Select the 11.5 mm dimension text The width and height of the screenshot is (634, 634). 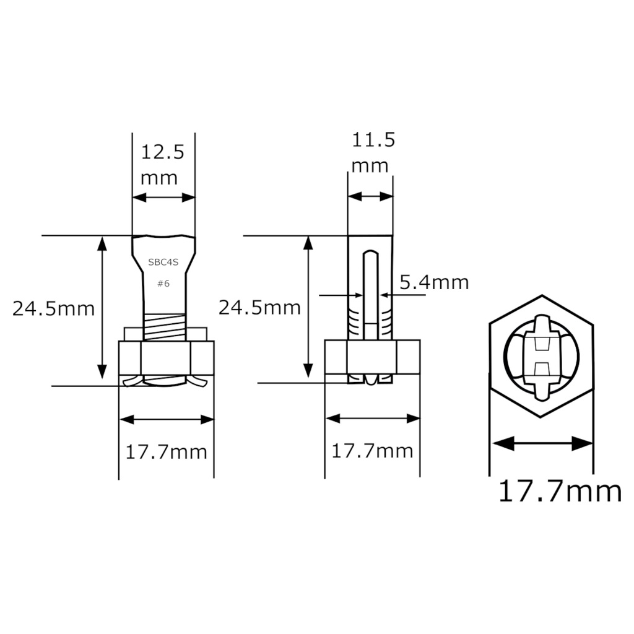(x=372, y=152)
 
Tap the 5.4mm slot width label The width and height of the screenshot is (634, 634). (x=434, y=282)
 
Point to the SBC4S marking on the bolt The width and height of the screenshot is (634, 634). (x=163, y=262)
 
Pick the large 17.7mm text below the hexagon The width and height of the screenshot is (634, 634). (x=560, y=491)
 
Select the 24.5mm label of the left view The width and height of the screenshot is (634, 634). (x=54, y=308)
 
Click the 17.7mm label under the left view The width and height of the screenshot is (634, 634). (x=166, y=452)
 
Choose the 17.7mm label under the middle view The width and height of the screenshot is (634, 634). (x=372, y=451)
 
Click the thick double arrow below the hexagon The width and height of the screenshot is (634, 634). (x=542, y=443)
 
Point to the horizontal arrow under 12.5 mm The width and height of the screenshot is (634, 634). (x=164, y=198)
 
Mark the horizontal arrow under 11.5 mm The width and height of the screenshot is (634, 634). (x=370, y=196)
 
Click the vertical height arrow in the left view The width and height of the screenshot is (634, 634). (x=102, y=308)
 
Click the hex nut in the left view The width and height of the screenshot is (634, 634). (x=166, y=357)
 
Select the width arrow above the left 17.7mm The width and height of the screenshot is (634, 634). (x=167, y=420)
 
